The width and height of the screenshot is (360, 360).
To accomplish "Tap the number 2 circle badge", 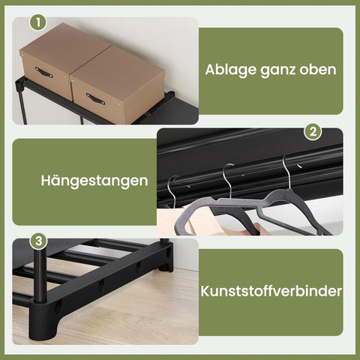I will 313,132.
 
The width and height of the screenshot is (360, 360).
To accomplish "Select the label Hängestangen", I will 94,181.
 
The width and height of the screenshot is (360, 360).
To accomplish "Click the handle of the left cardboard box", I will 44,72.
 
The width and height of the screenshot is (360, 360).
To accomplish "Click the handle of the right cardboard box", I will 95,98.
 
